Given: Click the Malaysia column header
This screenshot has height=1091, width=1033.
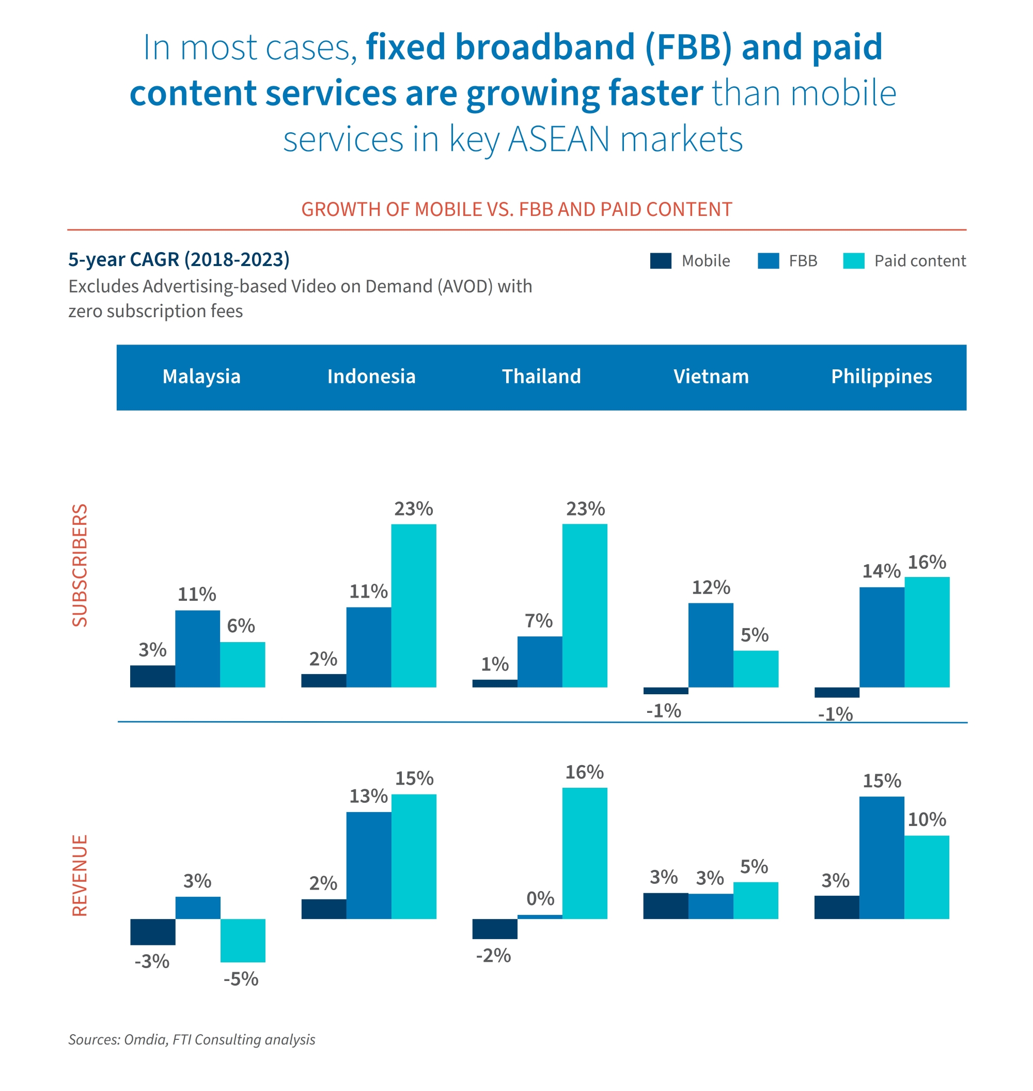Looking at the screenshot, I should pos(201,377).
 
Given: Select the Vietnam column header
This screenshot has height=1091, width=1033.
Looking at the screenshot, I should pos(711,377).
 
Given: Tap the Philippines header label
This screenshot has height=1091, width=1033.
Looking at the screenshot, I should pos(881,377).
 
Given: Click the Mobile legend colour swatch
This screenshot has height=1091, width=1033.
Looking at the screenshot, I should pos(660,261).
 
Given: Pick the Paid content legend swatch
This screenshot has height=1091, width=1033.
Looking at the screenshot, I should pos(853,261).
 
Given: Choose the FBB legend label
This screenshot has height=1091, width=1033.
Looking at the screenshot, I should pos(803,261).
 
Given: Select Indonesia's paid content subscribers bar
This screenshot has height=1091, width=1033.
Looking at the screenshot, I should pos(414,605).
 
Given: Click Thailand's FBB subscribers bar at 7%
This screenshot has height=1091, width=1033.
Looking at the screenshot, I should pos(540,661).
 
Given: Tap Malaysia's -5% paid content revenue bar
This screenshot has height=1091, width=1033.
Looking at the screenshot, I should pos(243,940).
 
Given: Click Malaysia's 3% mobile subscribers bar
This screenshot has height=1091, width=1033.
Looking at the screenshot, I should pos(152,676).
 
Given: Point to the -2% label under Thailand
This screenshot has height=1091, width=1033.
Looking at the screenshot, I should pos(493,955).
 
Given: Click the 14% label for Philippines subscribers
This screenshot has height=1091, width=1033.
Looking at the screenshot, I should pos(881,571).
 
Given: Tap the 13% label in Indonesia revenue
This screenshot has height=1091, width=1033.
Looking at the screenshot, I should pos(368,796).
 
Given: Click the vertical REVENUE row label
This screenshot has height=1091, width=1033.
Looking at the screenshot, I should pos(81,875).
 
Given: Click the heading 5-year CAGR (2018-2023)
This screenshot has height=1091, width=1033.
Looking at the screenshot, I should pos(179,259).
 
